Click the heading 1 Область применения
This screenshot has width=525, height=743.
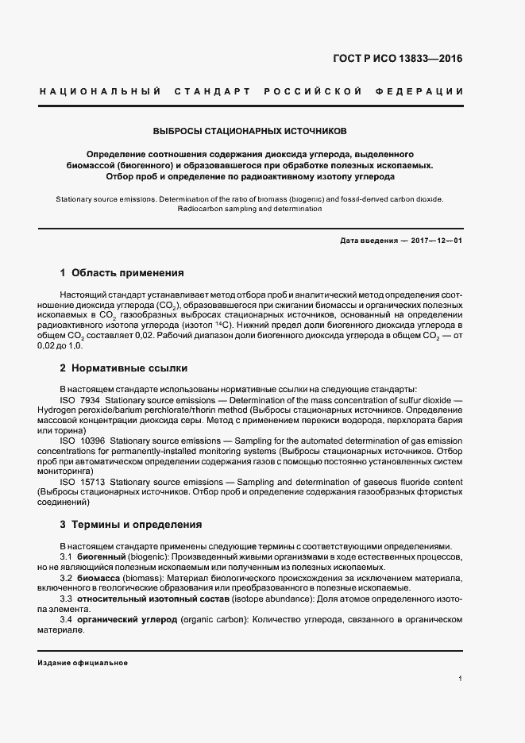tap(122, 274)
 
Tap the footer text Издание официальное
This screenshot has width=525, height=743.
tap(83, 662)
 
